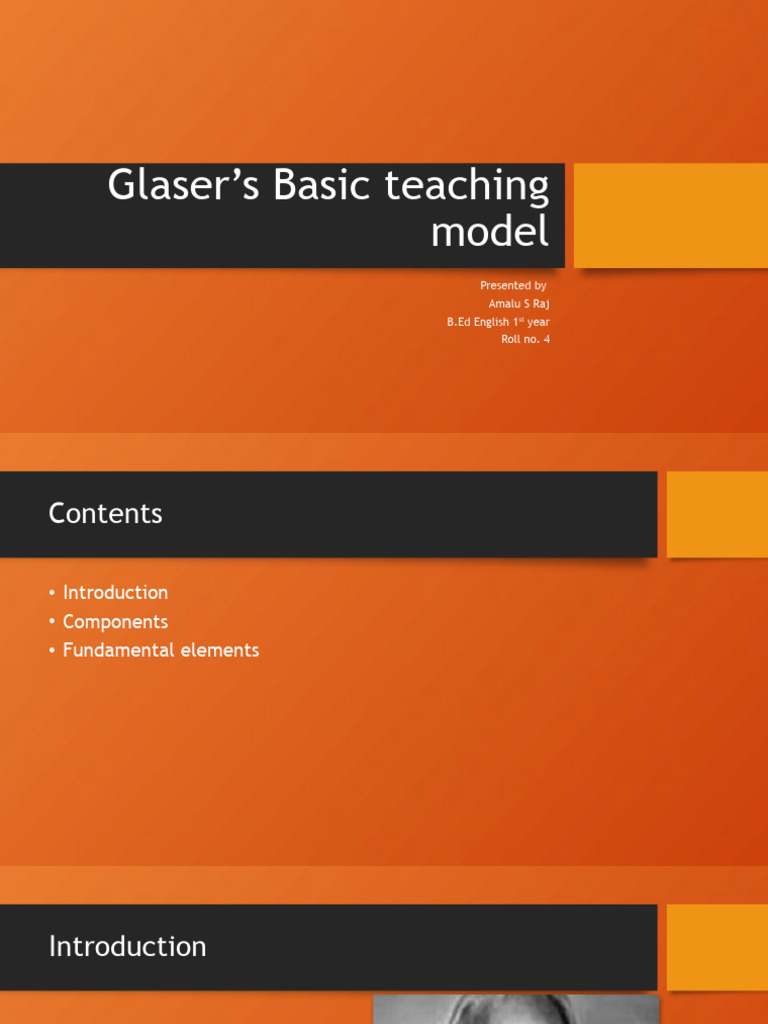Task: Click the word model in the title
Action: [x=490, y=232]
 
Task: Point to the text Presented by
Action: [x=513, y=286]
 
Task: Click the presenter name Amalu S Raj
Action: [x=519, y=304]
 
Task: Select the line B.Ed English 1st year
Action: [x=498, y=322]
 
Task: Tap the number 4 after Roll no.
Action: [x=546, y=340]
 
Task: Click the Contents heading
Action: [x=105, y=514]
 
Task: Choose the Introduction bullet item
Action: [x=115, y=593]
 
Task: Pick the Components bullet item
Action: [x=115, y=622]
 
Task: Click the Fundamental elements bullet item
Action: [x=160, y=650]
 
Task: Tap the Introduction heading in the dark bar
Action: [x=127, y=947]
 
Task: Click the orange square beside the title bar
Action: [x=670, y=215]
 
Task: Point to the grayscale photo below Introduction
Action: [x=516, y=1009]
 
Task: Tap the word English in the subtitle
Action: [x=491, y=322]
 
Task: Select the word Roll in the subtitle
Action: [x=512, y=340]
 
